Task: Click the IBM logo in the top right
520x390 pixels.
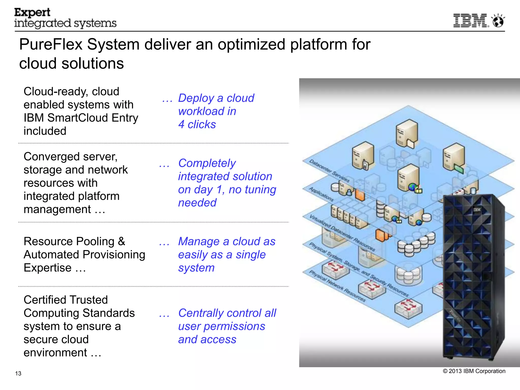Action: (x=470, y=21)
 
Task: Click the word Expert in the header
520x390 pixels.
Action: (x=32, y=12)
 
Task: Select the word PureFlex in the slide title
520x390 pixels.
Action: (x=51, y=44)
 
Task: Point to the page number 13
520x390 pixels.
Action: (x=18, y=373)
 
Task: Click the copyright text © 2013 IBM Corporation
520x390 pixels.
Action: (x=474, y=371)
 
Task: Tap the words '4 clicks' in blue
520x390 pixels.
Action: (x=197, y=124)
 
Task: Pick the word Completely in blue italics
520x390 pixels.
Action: (x=207, y=163)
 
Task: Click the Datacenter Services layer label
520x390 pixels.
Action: (x=329, y=171)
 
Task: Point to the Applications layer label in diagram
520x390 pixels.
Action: (x=321, y=194)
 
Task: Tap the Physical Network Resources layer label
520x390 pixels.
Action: (x=337, y=286)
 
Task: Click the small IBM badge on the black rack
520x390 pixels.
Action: (x=477, y=210)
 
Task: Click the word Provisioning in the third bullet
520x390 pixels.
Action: (x=114, y=255)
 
